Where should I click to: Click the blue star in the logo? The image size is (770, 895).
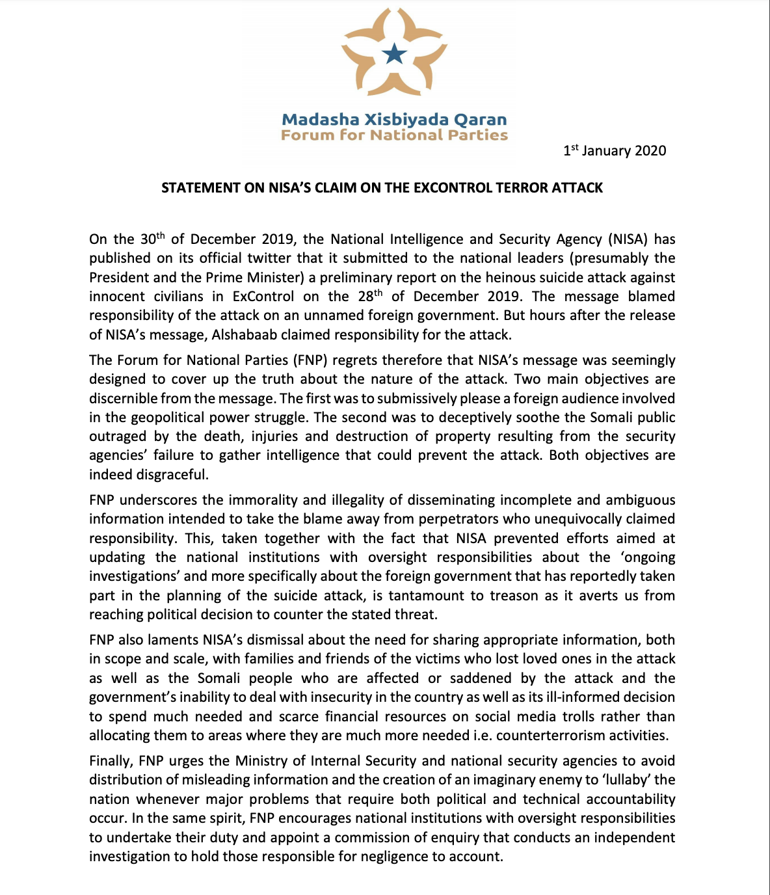(394, 54)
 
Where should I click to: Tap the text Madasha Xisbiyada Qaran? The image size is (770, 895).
(394, 120)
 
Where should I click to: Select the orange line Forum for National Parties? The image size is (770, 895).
(394, 135)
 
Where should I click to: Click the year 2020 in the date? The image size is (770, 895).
(650, 151)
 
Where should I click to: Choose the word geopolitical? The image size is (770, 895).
(176, 418)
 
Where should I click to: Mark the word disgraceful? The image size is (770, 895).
(172, 475)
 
